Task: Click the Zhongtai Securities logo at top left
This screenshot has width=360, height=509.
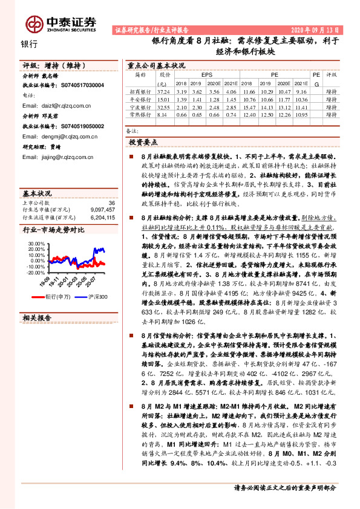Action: point(61,24)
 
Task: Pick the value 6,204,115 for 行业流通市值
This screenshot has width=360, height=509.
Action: point(101,216)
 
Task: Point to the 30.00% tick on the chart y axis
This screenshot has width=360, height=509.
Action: point(36,245)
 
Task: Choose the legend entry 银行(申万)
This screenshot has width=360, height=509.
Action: point(60,297)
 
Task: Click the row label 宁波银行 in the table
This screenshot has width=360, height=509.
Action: point(140,106)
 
